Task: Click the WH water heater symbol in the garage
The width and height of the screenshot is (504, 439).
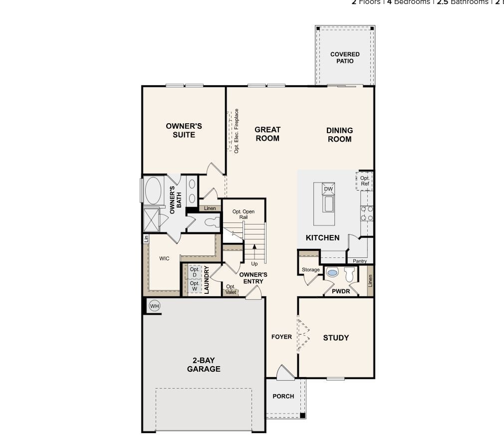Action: [155, 306]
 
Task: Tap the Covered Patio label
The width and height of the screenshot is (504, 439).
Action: [345, 58]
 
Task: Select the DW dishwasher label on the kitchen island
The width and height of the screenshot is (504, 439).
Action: [328, 189]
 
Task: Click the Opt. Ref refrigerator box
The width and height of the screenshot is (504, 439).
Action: [365, 181]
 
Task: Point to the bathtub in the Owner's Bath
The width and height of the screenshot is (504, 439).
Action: [153, 190]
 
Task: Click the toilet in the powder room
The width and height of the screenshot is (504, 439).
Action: [349, 274]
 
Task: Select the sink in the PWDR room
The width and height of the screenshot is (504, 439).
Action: [332, 273]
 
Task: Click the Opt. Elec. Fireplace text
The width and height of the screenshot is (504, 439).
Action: [237, 131]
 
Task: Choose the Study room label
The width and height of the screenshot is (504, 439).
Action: [336, 338]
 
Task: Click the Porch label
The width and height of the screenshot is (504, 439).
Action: [283, 397]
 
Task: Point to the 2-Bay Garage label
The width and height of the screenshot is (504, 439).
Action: [204, 365]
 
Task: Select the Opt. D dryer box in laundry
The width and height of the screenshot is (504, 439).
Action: [194, 272]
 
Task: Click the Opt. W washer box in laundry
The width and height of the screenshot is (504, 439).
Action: [194, 286]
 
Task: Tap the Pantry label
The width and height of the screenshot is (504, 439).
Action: [359, 261]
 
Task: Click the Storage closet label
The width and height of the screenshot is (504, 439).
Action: [310, 270]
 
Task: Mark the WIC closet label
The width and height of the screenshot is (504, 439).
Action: [164, 259]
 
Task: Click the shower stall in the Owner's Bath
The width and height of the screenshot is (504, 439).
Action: [151, 219]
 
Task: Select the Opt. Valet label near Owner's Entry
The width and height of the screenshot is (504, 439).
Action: [231, 289]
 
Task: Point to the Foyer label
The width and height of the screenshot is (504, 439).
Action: [281, 337]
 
